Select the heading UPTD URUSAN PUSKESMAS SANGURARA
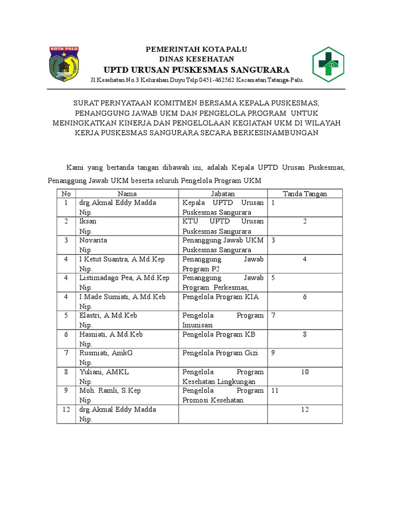(196, 70)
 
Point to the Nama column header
(127, 193)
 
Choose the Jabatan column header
(223, 193)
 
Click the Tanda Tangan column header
(305, 193)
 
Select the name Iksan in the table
(88, 221)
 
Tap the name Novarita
(93, 240)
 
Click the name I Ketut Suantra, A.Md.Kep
(122, 259)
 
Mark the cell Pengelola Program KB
(219, 334)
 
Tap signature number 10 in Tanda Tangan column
(305, 372)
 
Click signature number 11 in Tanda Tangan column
(275, 391)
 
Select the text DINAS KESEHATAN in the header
(196, 59)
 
